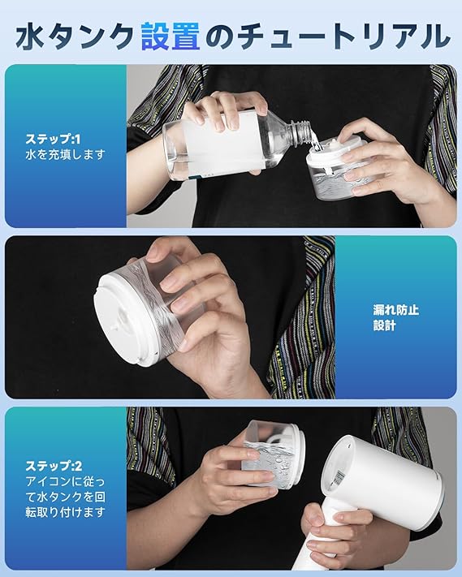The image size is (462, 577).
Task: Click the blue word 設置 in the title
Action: click(x=171, y=36)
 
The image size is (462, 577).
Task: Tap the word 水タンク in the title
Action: click(x=75, y=36)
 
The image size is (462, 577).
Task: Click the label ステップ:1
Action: click(x=53, y=139)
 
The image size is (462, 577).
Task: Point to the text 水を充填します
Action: click(x=65, y=154)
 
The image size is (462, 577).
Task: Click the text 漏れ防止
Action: click(x=396, y=310)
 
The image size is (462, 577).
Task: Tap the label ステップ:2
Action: click(x=54, y=466)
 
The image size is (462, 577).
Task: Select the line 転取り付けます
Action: click(x=65, y=512)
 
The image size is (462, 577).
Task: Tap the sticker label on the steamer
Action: click(x=339, y=477)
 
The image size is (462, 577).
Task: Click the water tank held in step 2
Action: click(x=273, y=454)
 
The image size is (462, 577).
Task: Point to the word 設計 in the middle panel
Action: click(x=384, y=325)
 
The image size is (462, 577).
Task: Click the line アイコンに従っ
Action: click(x=65, y=481)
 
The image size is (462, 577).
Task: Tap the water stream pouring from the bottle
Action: click(x=315, y=143)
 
